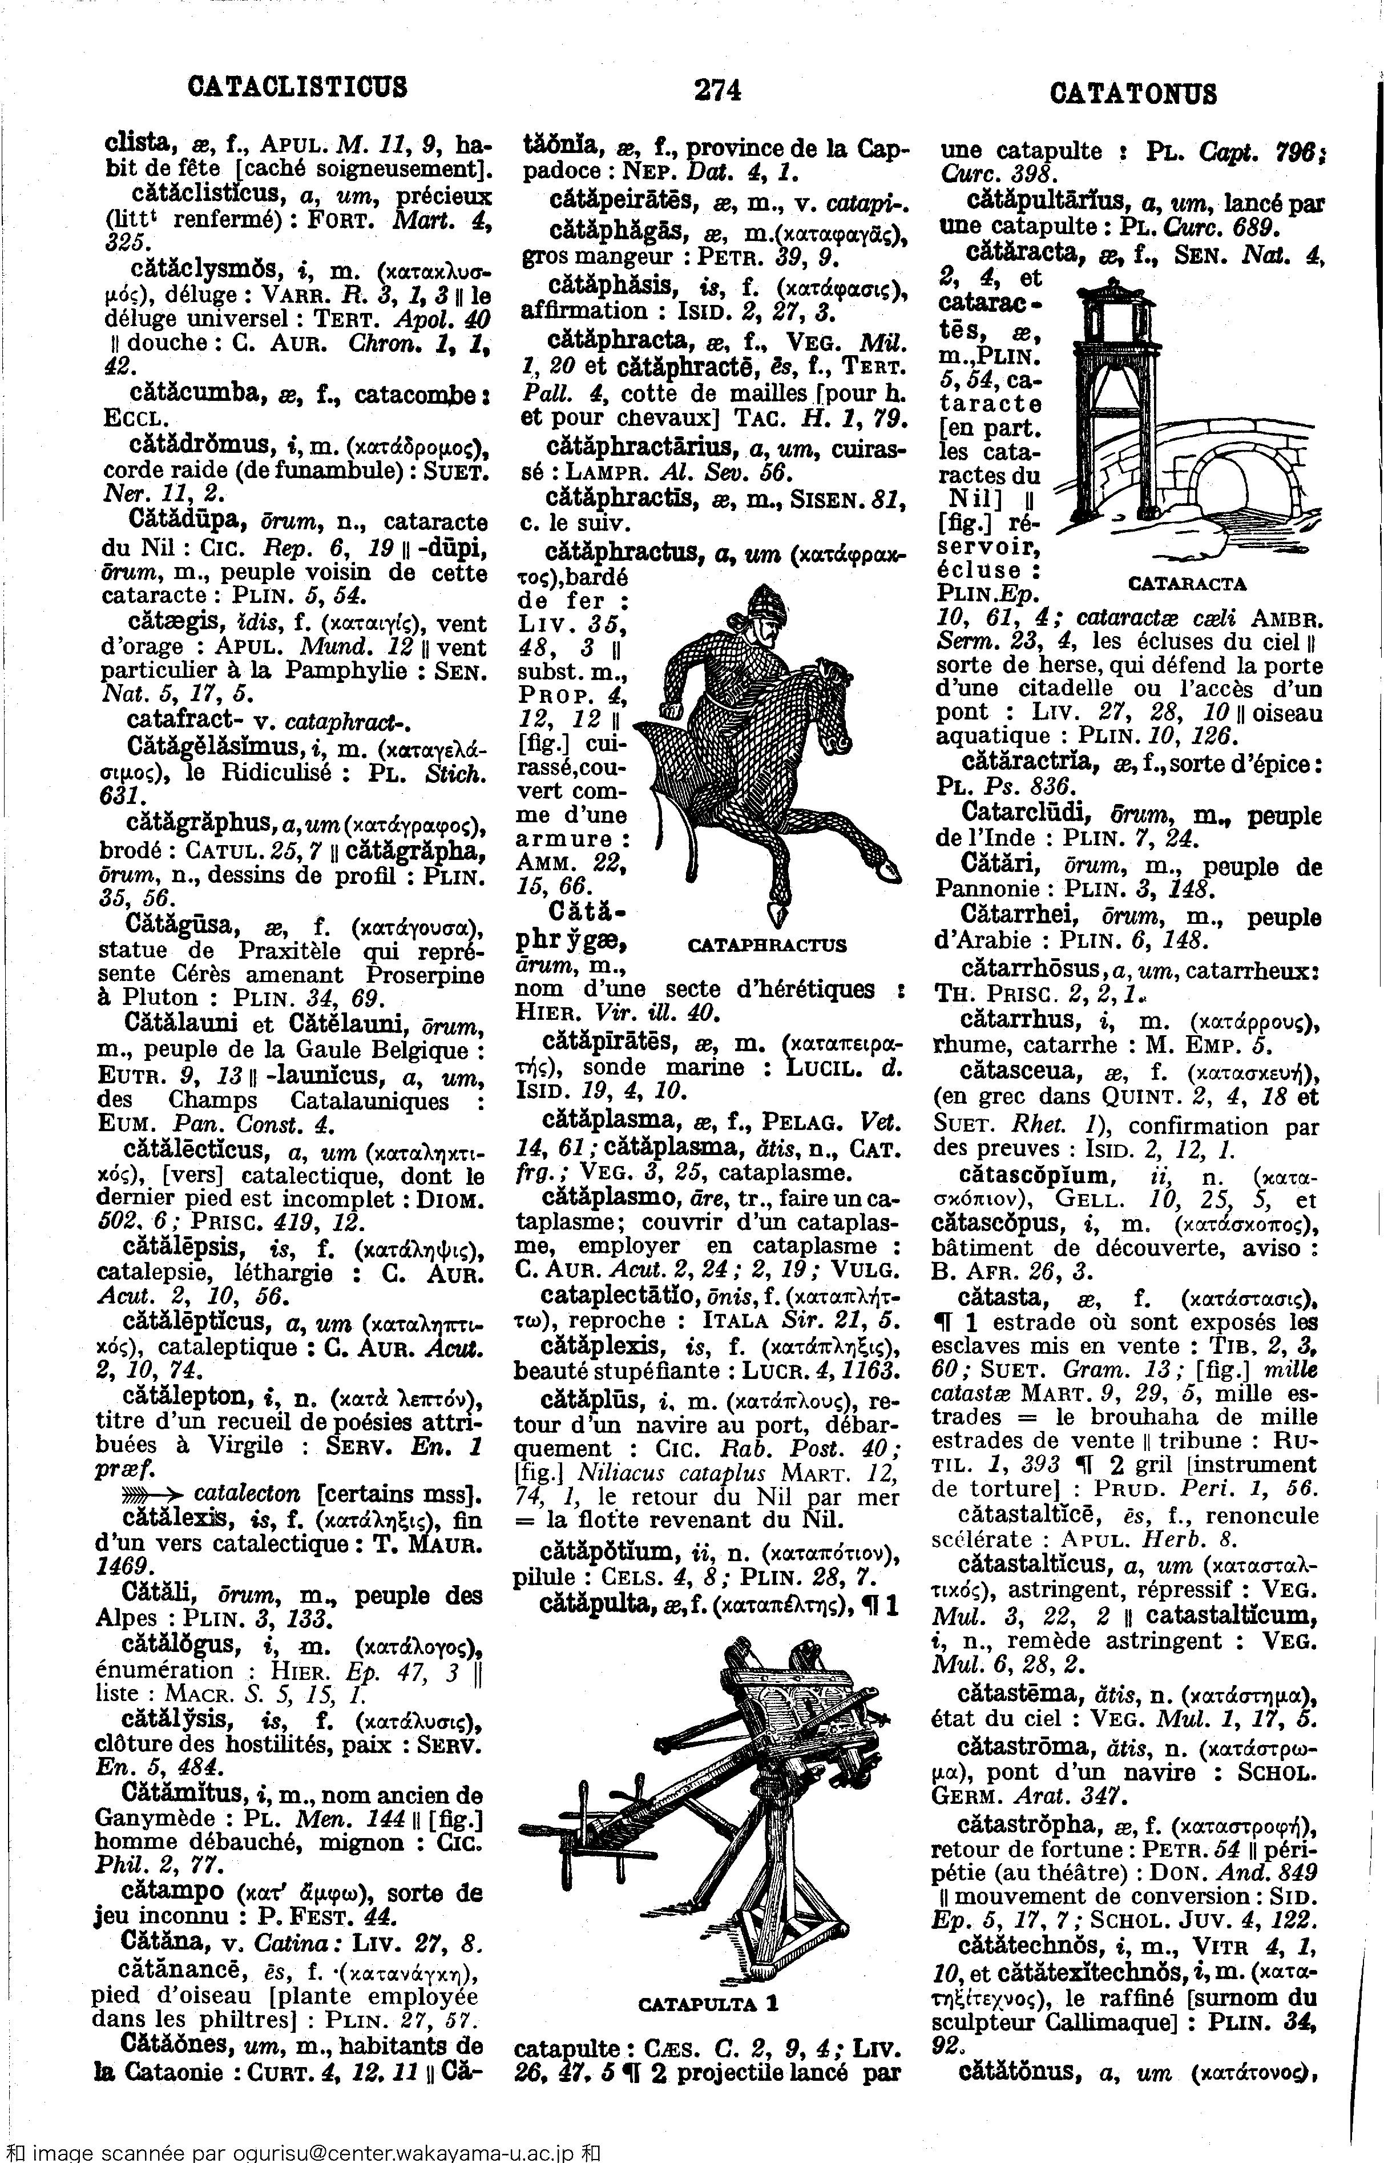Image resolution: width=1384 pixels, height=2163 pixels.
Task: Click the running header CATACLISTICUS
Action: pyautogui.click(x=297, y=87)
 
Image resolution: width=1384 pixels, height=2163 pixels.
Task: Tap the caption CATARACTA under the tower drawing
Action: pyautogui.click(x=1187, y=584)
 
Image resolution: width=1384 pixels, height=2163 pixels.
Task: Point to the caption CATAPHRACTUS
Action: pyautogui.click(x=766, y=945)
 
